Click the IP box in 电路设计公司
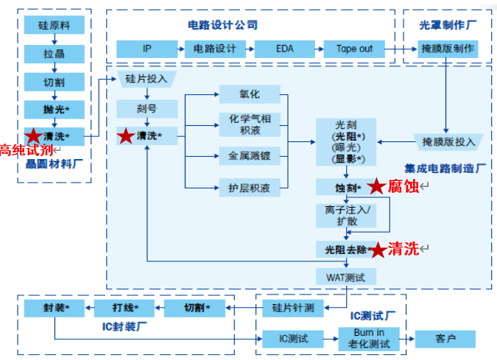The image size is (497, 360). click(147, 49)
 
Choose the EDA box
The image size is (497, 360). click(284, 49)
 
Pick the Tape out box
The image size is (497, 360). click(354, 49)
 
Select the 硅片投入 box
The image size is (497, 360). click(147, 80)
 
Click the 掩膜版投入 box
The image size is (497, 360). click(448, 141)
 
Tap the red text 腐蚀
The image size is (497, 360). click(403, 186)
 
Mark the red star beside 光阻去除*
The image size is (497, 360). click(377, 250)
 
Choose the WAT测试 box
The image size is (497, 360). click(346, 278)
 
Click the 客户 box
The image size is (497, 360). click(445, 339)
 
